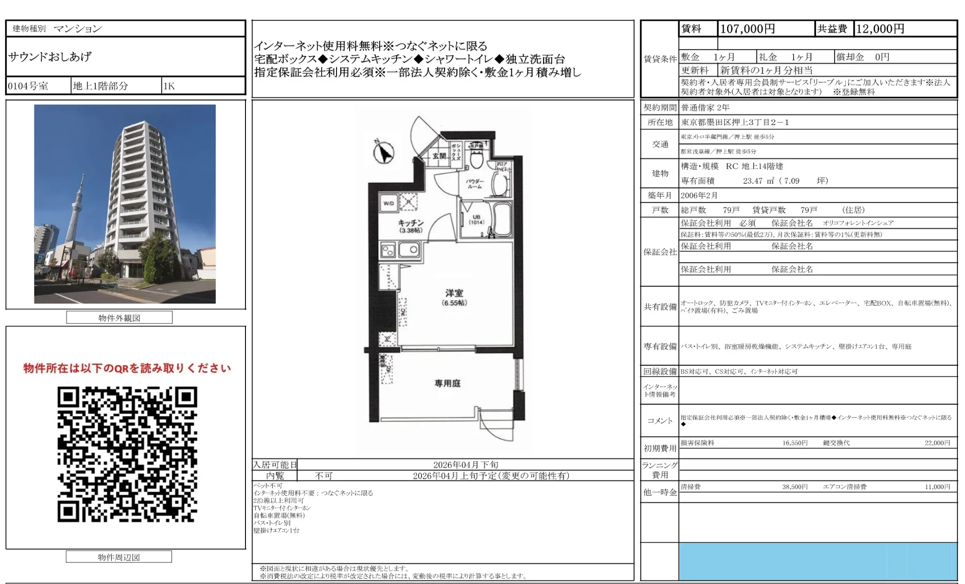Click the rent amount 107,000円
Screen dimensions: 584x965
pyautogui.click(x=747, y=29)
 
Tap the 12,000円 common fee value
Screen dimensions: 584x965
pyautogui.click(x=880, y=29)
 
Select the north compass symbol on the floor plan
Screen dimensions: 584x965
pyautogui.click(x=384, y=152)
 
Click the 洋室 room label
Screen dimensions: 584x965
pyautogui.click(x=454, y=293)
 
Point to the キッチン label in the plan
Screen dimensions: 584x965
pyautogui.click(x=411, y=223)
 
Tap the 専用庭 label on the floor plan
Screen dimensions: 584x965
pyautogui.click(x=447, y=384)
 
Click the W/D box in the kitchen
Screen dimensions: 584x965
pyautogui.click(x=389, y=203)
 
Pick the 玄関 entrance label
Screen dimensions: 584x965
pyautogui.click(x=439, y=156)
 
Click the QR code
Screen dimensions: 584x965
pyautogui.click(x=127, y=454)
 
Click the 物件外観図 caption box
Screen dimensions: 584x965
pyautogui.click(x=119, y=318)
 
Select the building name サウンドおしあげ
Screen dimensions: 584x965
pyautogui.click(x=50, y=57)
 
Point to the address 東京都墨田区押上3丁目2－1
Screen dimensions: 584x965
pyautogui.click(x=735, y=123)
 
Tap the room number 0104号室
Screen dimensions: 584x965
pyautogui.click(x=28, y=86)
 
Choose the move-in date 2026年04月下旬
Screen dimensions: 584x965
pyautogui.click(x=466, y=465)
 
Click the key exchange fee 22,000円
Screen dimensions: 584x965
pyautogui.click(x=937, y=443)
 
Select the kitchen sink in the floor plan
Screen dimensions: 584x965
pyautogui.click(x=408, y=250)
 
